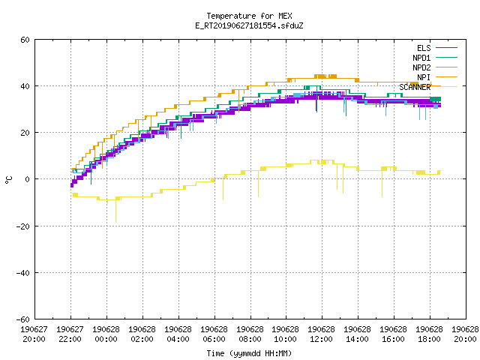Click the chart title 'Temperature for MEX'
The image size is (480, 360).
(249, 16)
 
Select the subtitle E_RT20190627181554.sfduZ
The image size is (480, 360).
(249, 25)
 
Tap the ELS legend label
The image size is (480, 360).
(424, 48)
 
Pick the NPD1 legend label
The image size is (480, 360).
(421, 58)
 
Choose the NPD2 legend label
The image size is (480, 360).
(421, 67)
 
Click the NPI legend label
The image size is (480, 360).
(424, 77)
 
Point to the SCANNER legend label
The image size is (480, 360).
(415, 87)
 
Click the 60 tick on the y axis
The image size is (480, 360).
(25, 40)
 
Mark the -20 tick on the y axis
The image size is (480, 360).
(23, 226)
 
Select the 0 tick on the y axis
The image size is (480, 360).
(28, 179)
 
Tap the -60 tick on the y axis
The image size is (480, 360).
(23, 319)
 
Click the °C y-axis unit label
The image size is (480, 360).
(8, 180)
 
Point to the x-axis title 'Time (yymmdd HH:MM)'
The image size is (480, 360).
(249, 353)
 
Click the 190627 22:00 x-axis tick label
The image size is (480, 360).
(70, 334)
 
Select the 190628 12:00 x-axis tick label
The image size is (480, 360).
(321, 334)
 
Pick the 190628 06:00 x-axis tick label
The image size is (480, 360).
(214, 334)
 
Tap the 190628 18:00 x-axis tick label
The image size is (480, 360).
(429, 334)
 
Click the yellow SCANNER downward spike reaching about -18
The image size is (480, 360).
(115, 211)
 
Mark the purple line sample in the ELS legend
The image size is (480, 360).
(447, 48)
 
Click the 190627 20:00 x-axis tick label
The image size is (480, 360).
(34, 334)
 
